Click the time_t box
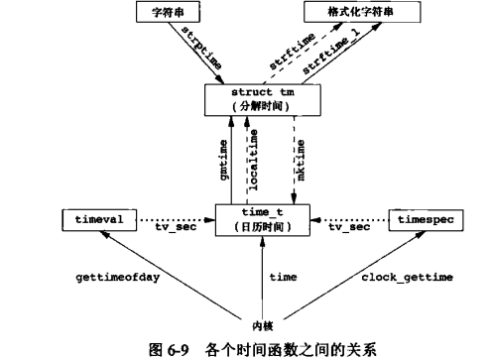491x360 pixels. point(262,217)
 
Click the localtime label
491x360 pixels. point(254,160)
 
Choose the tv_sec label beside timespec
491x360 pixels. point(349,227)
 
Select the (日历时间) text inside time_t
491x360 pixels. point(262,225)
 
